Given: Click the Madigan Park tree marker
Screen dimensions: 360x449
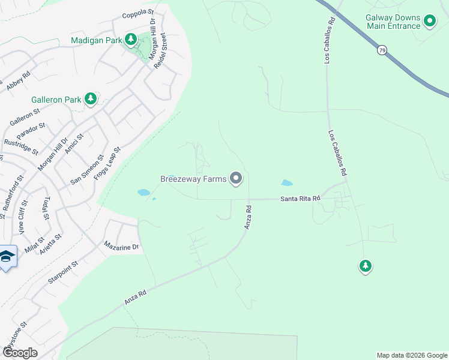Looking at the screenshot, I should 130,40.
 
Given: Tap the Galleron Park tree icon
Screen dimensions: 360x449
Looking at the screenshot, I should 90,98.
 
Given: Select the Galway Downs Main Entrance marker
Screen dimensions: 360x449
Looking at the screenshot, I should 430,22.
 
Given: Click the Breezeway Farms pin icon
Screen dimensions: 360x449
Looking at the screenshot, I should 237,178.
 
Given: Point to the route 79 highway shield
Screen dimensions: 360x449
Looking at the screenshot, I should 382,50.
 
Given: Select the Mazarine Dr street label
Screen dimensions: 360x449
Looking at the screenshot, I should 121,246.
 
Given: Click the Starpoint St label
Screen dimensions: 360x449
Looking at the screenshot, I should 63,273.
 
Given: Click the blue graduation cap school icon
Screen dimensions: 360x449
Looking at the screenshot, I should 7,257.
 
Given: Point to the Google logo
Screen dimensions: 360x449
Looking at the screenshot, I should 20,353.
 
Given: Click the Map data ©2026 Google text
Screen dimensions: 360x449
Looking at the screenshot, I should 412,355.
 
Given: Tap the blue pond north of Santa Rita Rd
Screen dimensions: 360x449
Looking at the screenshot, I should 286,182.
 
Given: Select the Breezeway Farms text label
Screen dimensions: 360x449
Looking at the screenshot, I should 193,178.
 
